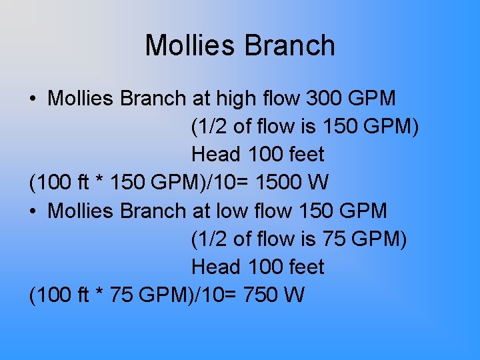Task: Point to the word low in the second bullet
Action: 237,211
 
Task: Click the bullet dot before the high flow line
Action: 33,99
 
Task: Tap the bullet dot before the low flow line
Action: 33,211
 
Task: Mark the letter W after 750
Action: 293,295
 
